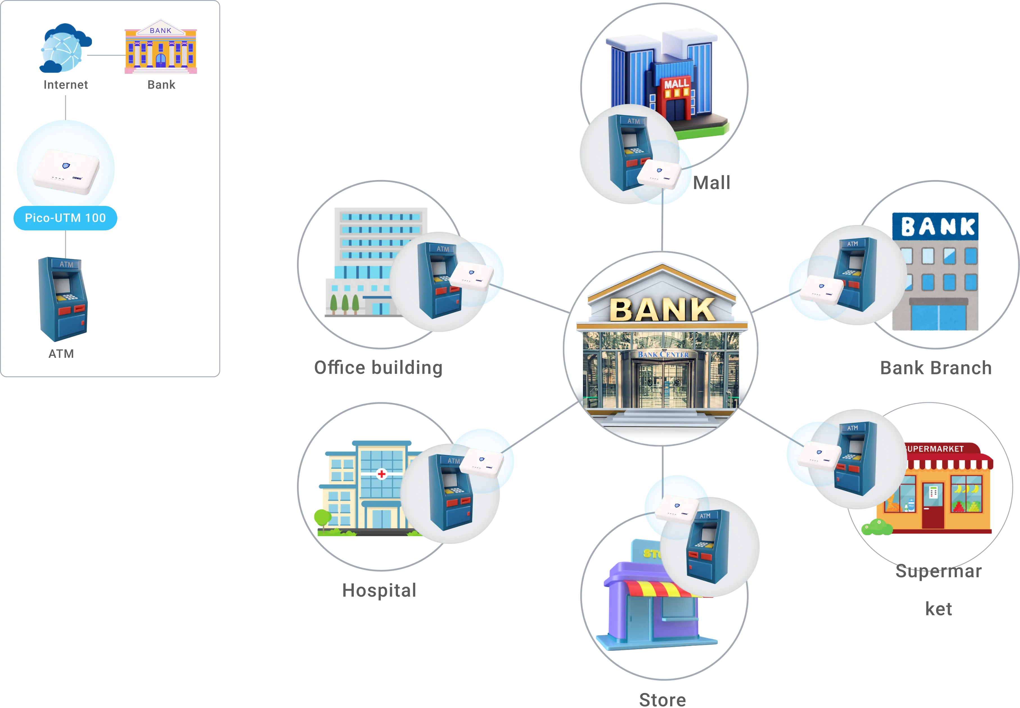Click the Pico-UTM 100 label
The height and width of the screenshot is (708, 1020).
point(65,218)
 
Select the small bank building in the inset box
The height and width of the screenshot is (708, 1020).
point(161,48)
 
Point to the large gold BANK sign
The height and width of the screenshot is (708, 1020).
point(662,309)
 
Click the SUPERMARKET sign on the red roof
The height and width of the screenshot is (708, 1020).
point(936,449)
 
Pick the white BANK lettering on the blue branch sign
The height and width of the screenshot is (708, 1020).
point(938,227)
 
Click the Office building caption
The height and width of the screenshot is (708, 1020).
point(378,368)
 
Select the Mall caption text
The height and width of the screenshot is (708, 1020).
point(712,183)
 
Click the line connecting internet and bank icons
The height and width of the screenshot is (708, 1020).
point(104,55)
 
